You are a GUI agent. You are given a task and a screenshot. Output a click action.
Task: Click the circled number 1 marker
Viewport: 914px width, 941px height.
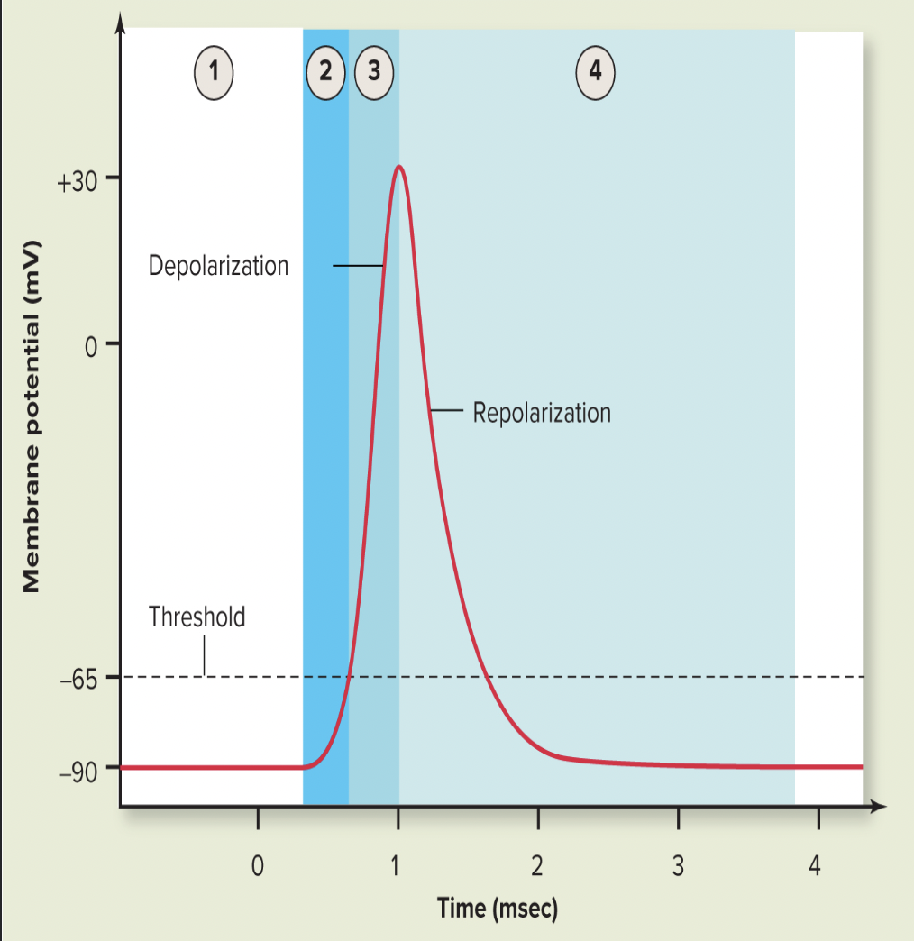pos(215,71)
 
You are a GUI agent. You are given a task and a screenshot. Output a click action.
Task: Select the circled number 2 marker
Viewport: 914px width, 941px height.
pos(326,71)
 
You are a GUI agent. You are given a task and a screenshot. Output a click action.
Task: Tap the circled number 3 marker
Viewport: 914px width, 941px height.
pos(374,71)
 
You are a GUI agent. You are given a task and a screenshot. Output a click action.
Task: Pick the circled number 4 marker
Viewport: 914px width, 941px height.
pos(595,71)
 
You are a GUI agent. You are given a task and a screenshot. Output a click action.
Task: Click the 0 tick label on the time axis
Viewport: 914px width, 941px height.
pos(258,868)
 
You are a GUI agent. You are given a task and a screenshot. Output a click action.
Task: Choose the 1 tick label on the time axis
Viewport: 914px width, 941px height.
pos(398,868)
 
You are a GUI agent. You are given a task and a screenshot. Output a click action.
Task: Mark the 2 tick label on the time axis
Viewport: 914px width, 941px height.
pos(537,868)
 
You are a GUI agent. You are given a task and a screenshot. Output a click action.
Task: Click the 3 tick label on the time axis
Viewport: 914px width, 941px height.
pos(678,868)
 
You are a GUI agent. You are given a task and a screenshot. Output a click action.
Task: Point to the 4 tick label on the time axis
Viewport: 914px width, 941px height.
pos(817,868)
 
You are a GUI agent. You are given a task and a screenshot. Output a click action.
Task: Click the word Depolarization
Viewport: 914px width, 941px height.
pos(219,266)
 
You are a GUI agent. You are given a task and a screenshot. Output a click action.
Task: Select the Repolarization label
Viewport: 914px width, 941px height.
pos(542,413)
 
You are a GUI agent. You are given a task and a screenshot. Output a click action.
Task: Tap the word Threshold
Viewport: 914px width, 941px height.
pos(197,617)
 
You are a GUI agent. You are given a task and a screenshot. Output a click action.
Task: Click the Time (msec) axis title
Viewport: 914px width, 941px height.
pos(498,908)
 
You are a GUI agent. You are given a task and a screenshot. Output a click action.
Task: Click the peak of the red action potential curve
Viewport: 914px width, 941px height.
pos(398,167)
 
